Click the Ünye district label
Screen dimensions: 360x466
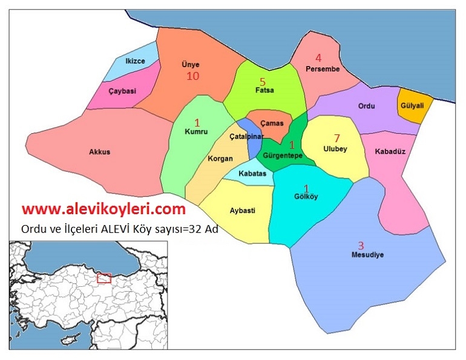pos(190,65)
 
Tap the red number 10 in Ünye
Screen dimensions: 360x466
pos(192,76)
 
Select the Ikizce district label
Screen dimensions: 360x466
pos(134,61)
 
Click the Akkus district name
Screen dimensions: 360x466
pos(100,152)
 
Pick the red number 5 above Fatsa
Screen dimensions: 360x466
pos(262,81)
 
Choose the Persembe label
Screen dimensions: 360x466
pos(323,70)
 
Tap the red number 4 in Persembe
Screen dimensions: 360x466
pos(318,58)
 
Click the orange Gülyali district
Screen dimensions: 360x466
pos(412,106)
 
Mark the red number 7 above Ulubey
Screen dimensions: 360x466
pos(336,138)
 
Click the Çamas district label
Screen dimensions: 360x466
pos(272,122)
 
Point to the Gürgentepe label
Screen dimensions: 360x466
pos(283,155)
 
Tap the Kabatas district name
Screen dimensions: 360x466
pos(252,174)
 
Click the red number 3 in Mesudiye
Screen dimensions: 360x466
pos(361,245)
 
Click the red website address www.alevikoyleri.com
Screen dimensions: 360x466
pos(103,209)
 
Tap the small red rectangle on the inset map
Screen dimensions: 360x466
pos(104,278)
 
